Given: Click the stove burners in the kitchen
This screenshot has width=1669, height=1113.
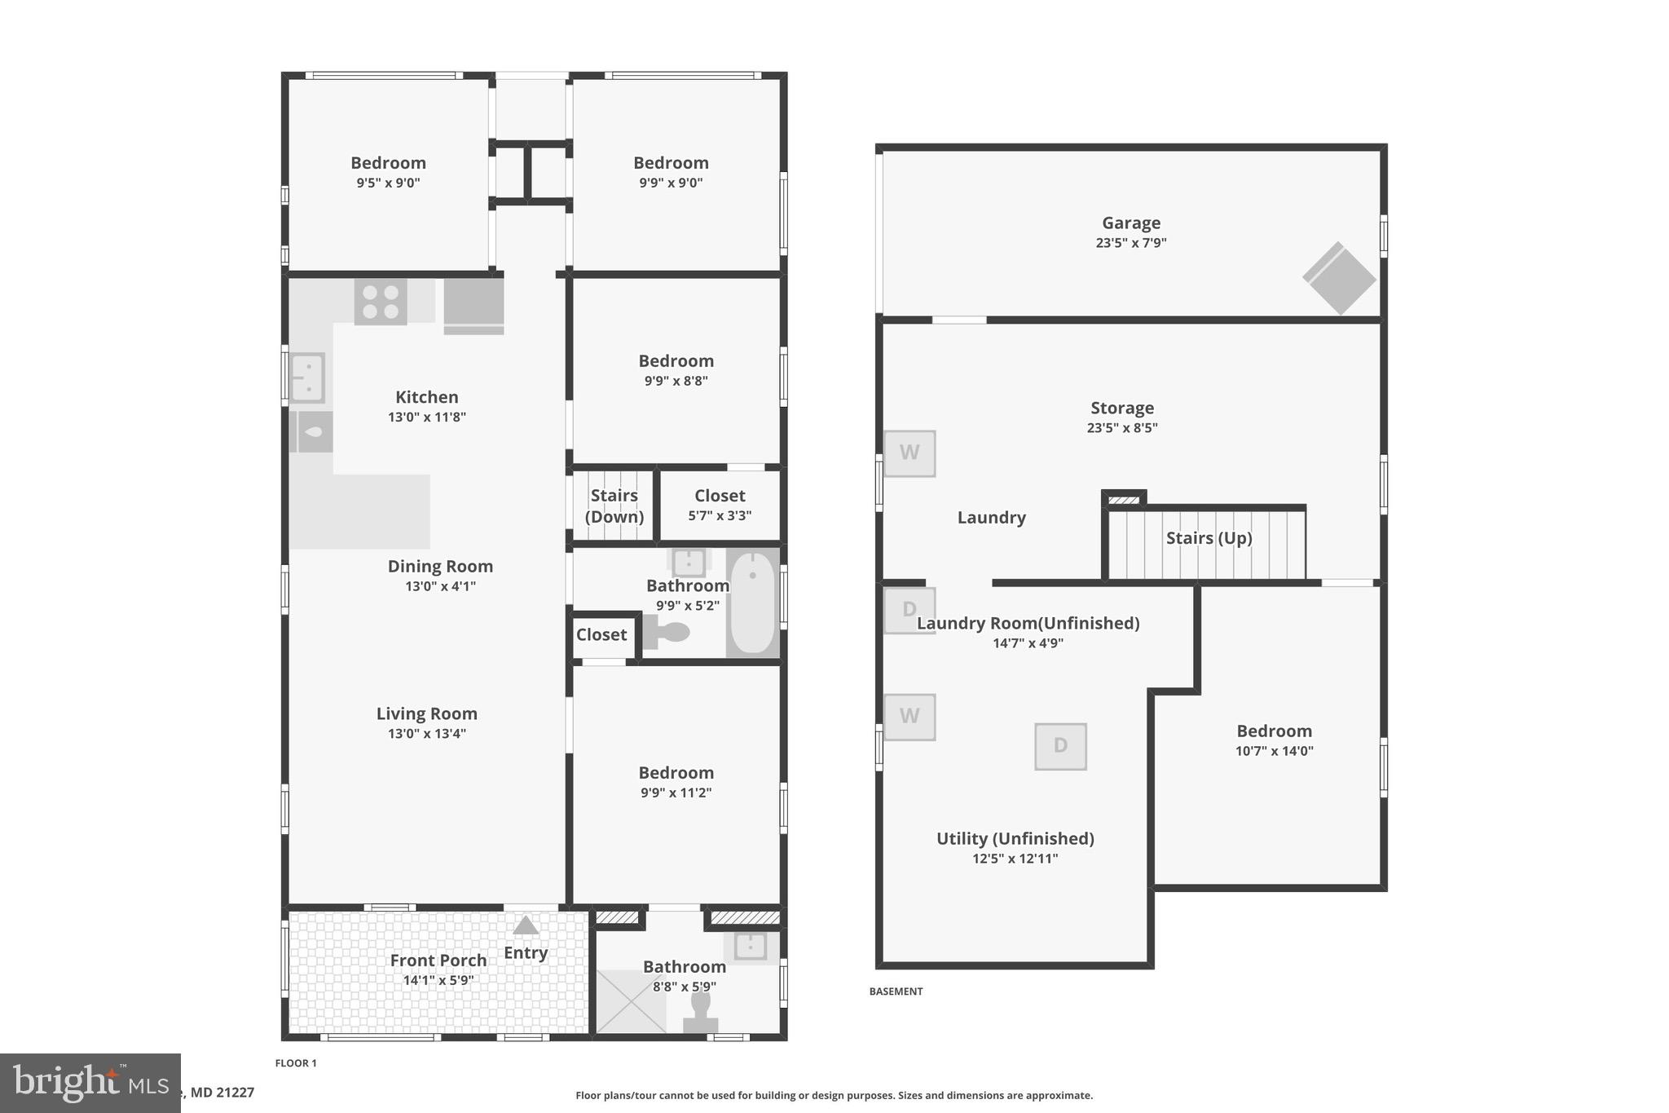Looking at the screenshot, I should pos(381,302).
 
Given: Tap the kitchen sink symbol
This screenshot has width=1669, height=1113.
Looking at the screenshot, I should pos(307,378).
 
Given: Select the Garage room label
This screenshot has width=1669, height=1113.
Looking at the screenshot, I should pos(1130,223).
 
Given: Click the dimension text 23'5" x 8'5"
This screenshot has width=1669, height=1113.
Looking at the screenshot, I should pos(1121,427).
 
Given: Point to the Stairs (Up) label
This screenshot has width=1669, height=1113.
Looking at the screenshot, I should pos(1209,538).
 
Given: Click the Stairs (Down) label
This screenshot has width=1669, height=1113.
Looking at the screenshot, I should pos(614,506).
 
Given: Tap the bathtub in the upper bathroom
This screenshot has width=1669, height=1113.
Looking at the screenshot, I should pos(753,602).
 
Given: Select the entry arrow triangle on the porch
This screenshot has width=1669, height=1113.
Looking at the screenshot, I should pos(526,925).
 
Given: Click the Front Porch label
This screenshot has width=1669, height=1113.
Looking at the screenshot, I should pos(438,961).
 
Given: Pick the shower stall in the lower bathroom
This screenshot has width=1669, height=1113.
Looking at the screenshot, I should pos(631,1000).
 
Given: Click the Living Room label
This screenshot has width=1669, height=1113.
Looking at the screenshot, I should pos(426,713).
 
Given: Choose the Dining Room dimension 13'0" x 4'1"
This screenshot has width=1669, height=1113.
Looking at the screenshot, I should pos(440,585).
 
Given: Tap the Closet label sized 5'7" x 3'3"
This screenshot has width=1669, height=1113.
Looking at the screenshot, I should pos(720,496).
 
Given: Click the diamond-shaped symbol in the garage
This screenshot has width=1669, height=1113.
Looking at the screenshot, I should pos(1339,278).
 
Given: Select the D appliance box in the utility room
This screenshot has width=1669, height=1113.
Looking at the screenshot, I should pos(1060,746).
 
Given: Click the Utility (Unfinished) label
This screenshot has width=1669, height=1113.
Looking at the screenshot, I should pos(1015,838).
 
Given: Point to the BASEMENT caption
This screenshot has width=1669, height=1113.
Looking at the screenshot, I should pos(896,992).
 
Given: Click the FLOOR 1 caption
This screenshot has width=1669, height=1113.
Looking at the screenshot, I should pos(296,1062).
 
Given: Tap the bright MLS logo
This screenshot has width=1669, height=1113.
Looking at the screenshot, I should pos(90,1083).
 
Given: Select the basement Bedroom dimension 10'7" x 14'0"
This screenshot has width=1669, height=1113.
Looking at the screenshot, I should pos(1274,751).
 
